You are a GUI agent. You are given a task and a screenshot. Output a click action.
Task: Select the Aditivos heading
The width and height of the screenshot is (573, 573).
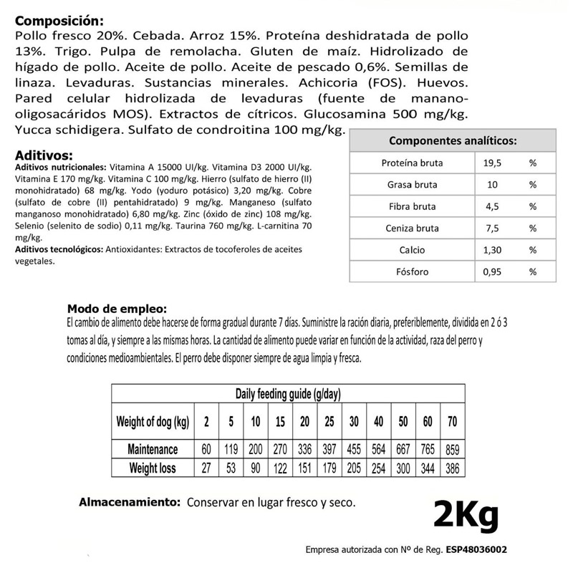click(x=43, y=155)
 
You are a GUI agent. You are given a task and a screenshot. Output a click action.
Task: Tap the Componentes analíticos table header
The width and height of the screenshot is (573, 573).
click(x=453, y=142)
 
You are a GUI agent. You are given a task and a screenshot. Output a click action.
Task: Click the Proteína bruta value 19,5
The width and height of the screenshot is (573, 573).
click(x=493, y=163)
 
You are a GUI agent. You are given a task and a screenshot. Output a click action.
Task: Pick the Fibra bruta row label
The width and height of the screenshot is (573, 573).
click(x=412, y=207)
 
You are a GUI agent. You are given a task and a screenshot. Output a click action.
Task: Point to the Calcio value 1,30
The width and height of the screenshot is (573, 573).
click(x=493, y=251)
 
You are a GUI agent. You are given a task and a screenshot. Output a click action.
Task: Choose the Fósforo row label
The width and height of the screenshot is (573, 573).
click(x=412, y=272)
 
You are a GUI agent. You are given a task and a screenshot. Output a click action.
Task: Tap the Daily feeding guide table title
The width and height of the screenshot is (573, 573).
click(x=287, y=394)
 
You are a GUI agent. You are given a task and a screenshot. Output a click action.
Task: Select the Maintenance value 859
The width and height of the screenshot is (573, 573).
click(x=451, y=450)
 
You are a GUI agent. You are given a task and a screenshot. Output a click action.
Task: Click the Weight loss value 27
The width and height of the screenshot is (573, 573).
click(x=206, y=468)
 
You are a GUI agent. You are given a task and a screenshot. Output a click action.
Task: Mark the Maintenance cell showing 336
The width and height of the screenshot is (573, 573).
click(x=304, y=450)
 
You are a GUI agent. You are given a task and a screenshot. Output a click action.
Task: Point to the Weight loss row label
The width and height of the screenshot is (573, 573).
click(x=152, y=468)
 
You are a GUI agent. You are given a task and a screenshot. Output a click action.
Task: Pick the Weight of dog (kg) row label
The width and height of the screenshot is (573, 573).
click(x=152, y=421)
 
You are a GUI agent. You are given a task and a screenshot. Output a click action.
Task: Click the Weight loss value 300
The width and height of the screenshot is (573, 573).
click(x=403, y=468)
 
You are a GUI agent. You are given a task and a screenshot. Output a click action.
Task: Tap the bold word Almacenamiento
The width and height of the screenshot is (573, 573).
click(x=128, y=503)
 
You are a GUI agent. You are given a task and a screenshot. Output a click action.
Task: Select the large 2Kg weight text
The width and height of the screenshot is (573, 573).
click(x=465, y=514)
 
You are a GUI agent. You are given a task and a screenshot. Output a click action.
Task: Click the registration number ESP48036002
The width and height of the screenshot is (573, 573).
click(x=476, y=550)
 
